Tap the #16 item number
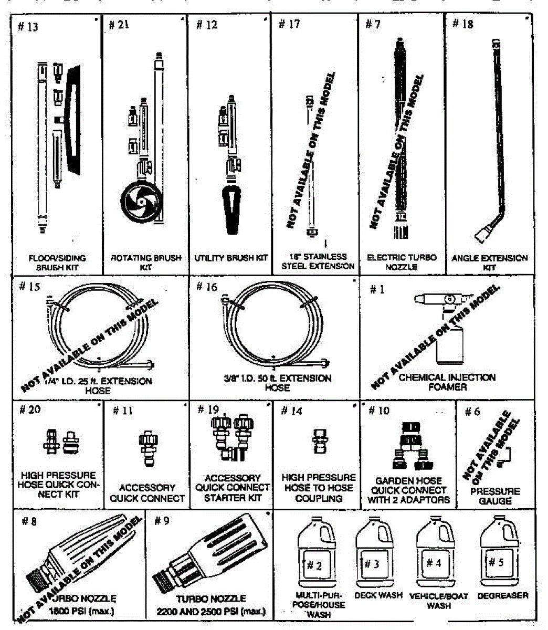click(x=206, y=286)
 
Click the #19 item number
click(x=209, y=409)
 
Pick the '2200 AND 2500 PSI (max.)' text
click(x=211, y=612)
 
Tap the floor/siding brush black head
click(x=74, y=121)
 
